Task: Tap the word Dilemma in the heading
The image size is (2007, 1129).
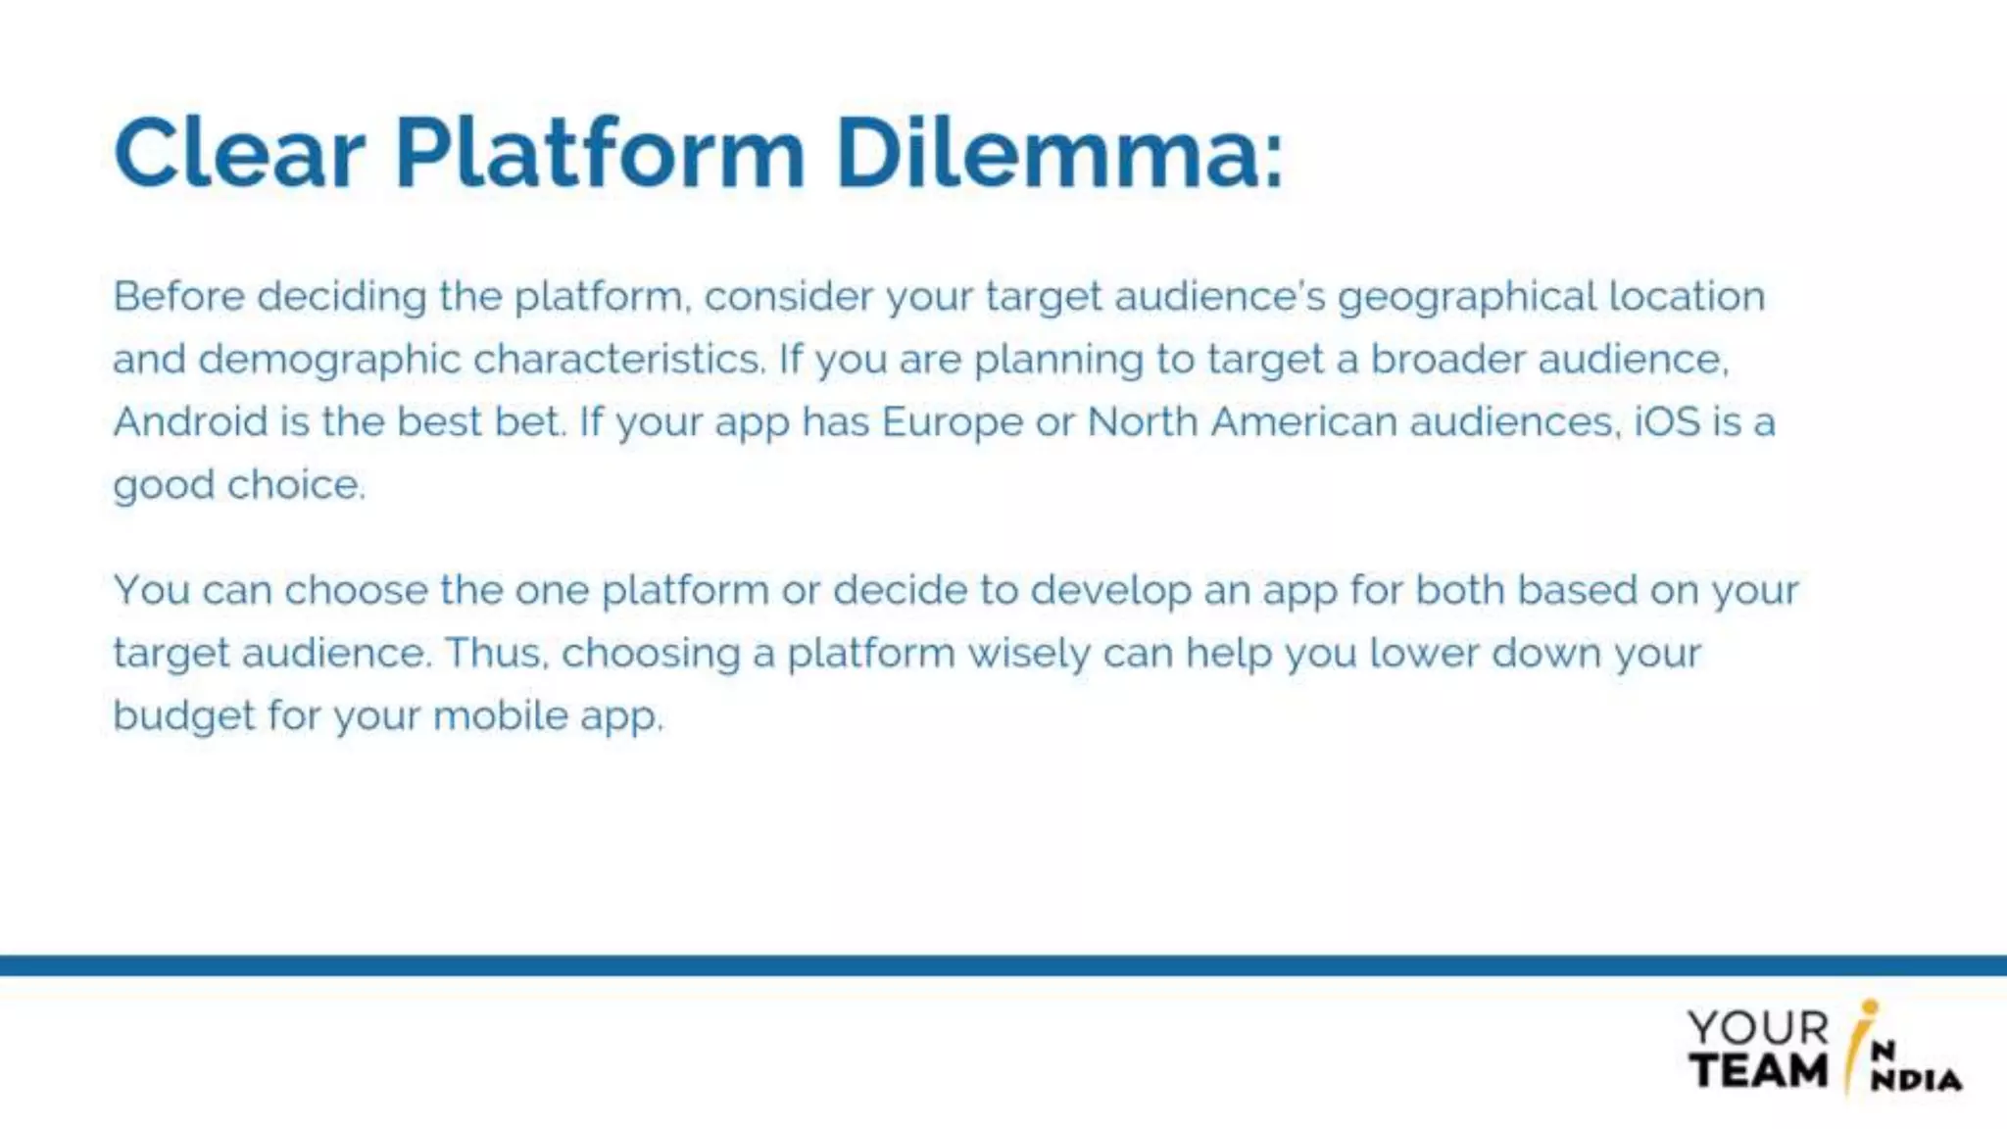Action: click(x=1058, y=154)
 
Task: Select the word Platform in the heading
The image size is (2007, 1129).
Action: click(x=600, y=154)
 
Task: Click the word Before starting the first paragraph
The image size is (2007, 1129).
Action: click(x=178, y=296)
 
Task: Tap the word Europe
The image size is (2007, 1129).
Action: click(x=952, y=423)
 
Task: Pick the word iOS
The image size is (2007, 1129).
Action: click(x=1666, y=422)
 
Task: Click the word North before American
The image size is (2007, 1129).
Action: click(x=1143, y=422)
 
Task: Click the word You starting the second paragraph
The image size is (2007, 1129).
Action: click(x=152, y=590)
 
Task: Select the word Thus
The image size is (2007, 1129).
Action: click(x=497, y=653)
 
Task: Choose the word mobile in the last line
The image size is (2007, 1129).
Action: click(x=500, y=715)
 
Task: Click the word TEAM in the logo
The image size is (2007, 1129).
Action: click(x=1758, y=1070)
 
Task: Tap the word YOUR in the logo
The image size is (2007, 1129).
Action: click(x=1758, y=1028)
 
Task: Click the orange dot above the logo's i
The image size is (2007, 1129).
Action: click(x=1870, y=1006)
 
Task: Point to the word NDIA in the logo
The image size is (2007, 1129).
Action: click(x=1916, y=1080)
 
